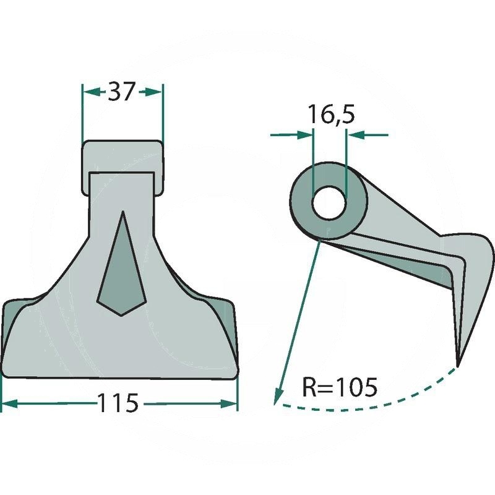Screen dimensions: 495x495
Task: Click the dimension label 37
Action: click(x=121, y=92)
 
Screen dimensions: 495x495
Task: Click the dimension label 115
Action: click(x=118, y=403)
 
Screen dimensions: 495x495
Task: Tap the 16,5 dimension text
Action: click(x=331, y=114)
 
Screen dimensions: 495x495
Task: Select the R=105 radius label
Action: click(x=340, y=387)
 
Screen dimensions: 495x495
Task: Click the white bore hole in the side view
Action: click(x=330, y=204)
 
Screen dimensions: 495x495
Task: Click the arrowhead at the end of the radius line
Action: click(x=277, y=397)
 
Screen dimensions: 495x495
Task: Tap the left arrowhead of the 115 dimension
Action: click(x=9, y=403)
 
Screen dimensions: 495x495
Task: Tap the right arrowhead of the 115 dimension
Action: click(x=228, y=403)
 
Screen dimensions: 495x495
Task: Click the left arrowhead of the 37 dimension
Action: click(x=90, y=92)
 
